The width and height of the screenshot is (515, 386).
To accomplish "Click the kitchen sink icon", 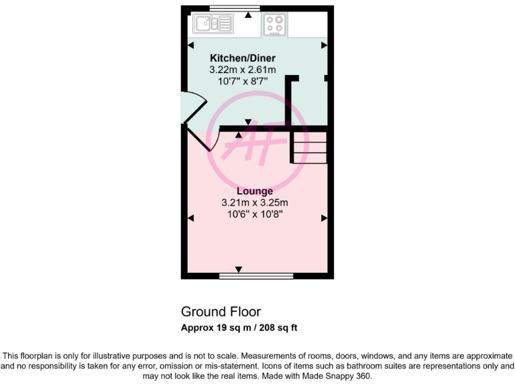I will coord(213,25).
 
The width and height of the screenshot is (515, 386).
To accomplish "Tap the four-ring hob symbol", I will coord(274,25).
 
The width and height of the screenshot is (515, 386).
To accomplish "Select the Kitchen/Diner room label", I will coord(243,58).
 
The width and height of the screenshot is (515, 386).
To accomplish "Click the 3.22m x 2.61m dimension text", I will coord(243,69).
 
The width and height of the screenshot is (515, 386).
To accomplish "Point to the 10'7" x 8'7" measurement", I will coord(243,80).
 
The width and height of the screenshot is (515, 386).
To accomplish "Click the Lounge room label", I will coord(255,191).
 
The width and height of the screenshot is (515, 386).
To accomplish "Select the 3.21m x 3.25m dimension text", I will coord(255,202).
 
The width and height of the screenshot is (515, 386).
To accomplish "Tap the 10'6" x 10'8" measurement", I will coord(255,214).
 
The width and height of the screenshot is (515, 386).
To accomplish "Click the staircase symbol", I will coord(309,147).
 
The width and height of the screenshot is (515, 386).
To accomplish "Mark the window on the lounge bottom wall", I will coord(257,275).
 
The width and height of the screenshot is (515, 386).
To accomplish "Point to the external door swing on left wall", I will coord(190,108).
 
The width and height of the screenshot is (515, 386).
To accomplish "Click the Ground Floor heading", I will coord(221,312).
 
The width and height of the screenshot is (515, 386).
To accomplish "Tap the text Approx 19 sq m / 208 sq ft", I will coord(239,328).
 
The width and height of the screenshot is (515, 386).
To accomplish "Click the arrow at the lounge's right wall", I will coord(324,218).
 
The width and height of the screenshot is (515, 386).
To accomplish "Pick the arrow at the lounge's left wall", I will coord(190,218).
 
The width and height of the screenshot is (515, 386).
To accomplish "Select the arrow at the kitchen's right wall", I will coord(324,45).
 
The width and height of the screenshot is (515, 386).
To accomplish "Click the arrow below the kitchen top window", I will coord(249,14).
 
